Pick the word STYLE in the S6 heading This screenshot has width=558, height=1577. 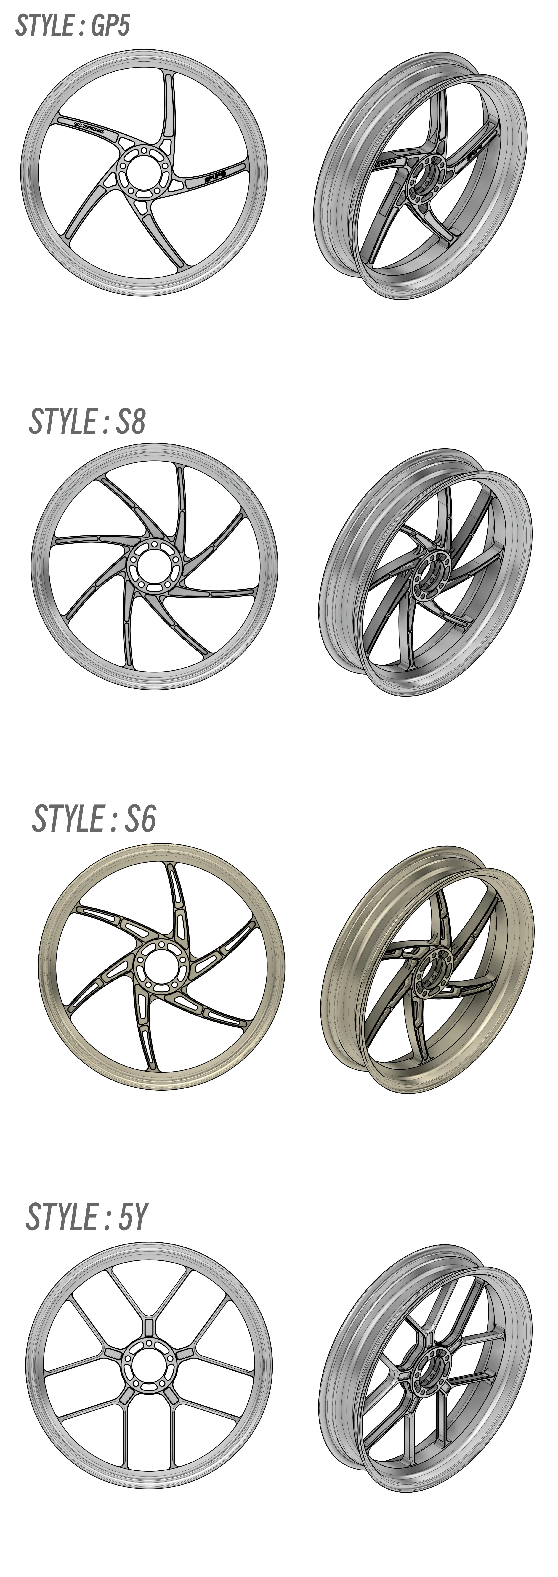[68, 818]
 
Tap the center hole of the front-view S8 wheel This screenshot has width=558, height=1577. [151, 565]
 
